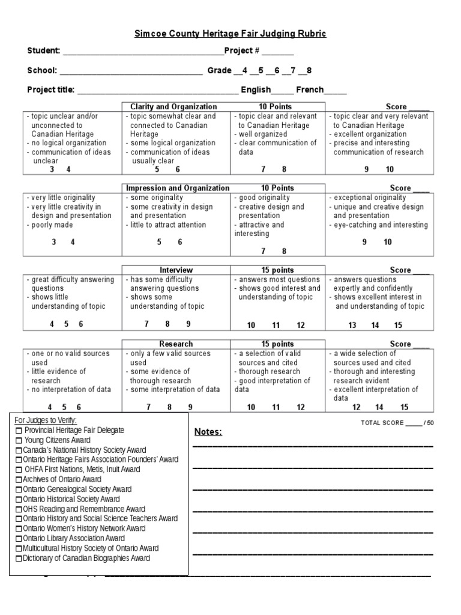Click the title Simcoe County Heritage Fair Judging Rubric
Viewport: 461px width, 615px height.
click(x=230, y=34)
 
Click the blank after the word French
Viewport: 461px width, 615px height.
click(x=336, y=91)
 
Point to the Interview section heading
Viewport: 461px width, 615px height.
click(x=176, y=270)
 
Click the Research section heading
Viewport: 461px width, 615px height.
click(x=176, y=344)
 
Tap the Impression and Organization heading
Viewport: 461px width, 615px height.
click(x=177, y=188)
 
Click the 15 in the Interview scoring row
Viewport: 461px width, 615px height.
click(x=398, y=325)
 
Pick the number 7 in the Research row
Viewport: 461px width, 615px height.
click(x=148, y=407)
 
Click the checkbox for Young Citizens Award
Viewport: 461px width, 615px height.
click(x=19, y=440)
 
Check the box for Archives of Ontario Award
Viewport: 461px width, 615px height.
click(x=19, y=480)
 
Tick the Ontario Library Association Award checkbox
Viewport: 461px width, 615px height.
click(x=19, y=539)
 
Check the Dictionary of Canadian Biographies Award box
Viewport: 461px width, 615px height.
click(x=19, y=559)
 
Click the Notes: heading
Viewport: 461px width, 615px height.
click(x=208, y=432)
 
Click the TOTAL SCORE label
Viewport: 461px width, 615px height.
click(x=382, y=423)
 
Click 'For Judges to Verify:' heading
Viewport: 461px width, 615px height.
click(x=46, y=420)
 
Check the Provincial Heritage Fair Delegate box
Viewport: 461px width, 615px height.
click(x=19, y=431)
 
